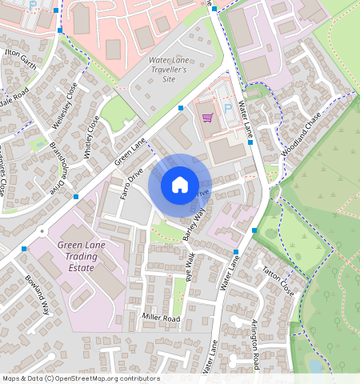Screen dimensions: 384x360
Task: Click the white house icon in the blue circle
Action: tap(180, 185)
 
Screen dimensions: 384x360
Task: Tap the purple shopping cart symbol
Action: tap(208, 118)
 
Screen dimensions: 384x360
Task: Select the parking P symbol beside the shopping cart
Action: tap(227, 108)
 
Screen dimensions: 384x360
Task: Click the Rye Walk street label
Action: tap(190, 268)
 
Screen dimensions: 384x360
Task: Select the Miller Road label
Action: tap(162, 318)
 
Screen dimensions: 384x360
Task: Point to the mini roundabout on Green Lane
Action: tap(41, 234)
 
